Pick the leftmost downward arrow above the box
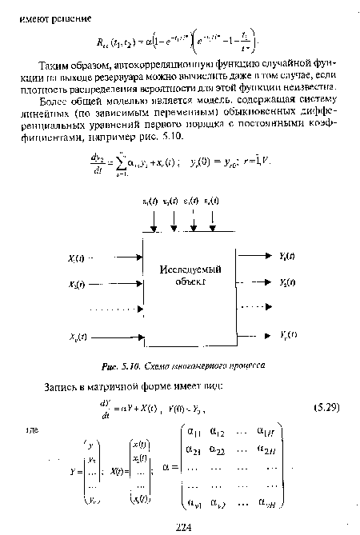(154, 225)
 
